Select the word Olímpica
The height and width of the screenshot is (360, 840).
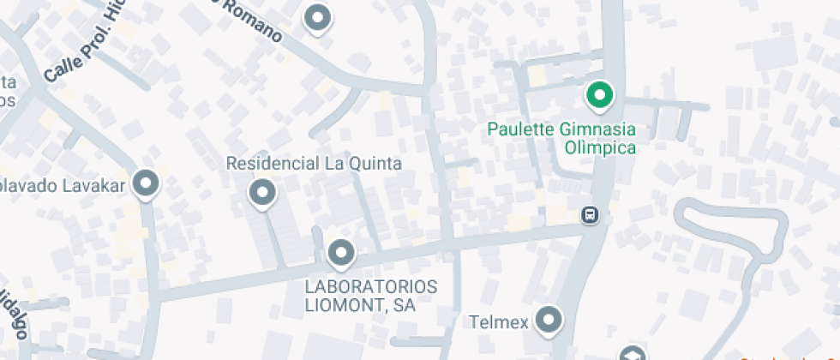[x=600, y=148]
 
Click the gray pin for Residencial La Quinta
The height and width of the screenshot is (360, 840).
[x=261, y=192]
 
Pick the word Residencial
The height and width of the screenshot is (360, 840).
[x=271, y=163]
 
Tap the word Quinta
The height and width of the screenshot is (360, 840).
[x=375, y=163]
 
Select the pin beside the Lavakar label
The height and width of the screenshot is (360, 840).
[x=147, y=183]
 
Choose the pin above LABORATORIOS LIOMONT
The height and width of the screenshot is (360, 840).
[x=341, y=252]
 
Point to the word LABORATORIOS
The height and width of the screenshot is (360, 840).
[x=371, y=286]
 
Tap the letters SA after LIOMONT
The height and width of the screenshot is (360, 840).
[x=405, y=305]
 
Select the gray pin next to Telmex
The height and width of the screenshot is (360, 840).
[x=547, y=321]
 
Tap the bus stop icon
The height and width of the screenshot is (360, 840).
[x=590, y=214]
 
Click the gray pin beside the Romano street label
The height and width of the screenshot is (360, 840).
[x=319, y=17]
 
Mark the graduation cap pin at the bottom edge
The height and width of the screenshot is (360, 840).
[x=632, y=353]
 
